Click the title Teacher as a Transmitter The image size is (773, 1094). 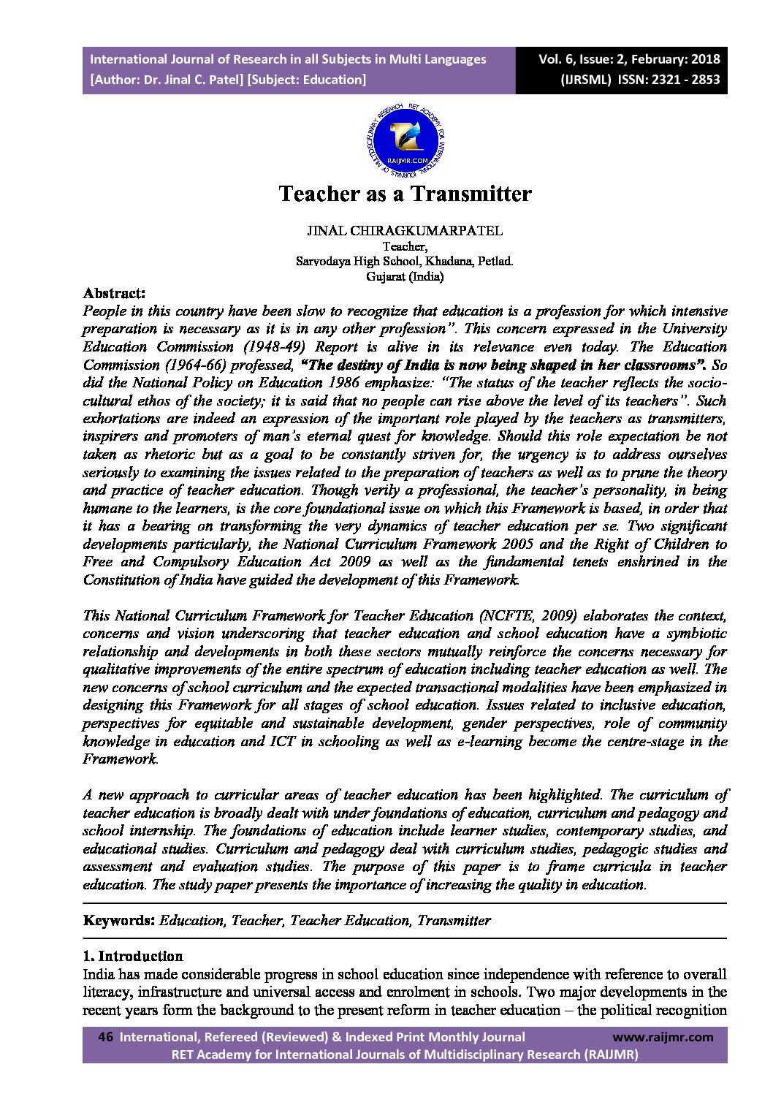pos(405,194)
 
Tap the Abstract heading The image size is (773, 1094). pos(115,293)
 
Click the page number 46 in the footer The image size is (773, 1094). pos(104,1037)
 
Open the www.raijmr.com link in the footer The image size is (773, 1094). pos(662,1037)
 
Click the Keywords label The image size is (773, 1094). pos(118,920)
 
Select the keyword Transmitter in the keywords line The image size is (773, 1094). pos(454,920)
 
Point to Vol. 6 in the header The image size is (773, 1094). pos(557,59)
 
